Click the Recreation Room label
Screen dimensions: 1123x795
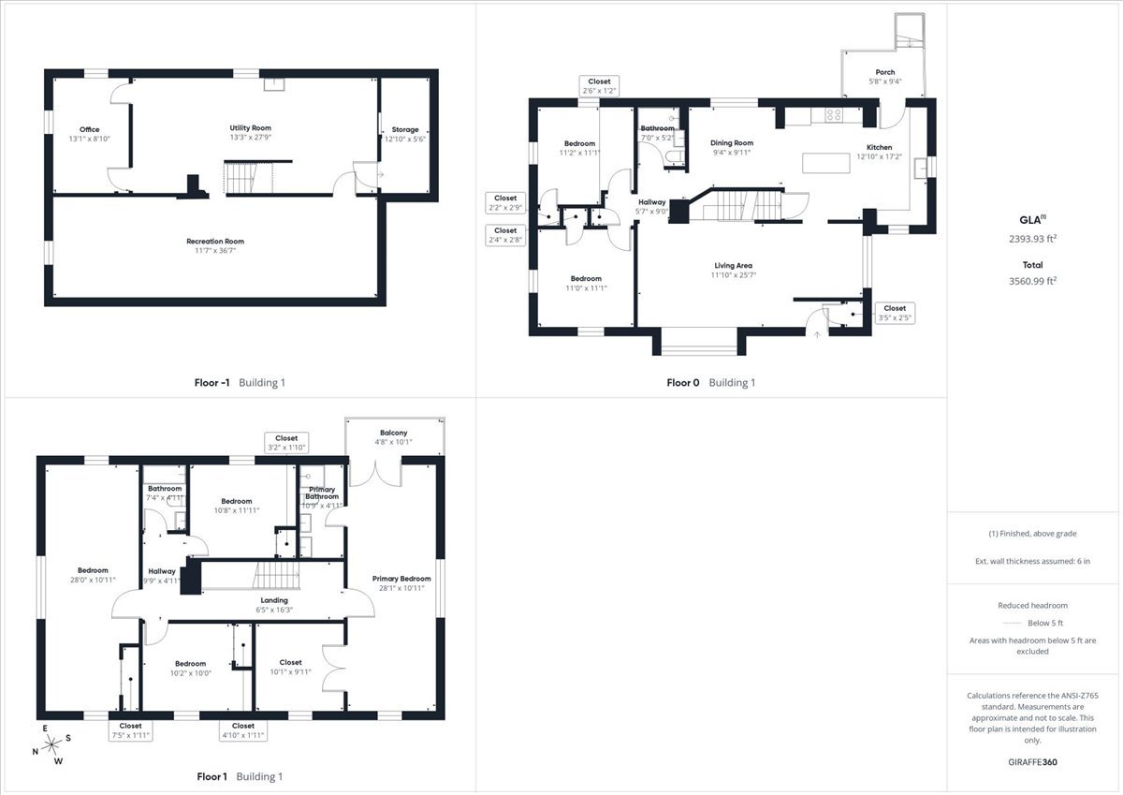215,242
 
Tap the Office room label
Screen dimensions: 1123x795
89,129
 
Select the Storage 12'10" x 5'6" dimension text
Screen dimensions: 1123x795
405,139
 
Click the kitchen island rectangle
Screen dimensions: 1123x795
825,164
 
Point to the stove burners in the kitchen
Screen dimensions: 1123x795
834,115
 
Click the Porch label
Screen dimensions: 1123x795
885,72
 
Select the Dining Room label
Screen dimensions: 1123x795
732,143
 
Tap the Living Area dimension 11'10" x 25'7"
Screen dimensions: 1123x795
733,275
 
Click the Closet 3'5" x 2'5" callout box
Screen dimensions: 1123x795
895,313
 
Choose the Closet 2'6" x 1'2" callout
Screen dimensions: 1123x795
599,86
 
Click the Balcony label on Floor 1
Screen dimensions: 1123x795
394,433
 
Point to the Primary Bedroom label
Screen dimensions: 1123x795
401,579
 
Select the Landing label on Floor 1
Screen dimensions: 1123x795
274,600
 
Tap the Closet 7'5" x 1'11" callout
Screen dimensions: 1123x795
130,730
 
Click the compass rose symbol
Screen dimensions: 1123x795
51,744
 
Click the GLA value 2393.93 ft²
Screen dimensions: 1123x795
1032,239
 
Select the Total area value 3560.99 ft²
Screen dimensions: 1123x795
1032,281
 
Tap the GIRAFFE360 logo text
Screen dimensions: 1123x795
1032,762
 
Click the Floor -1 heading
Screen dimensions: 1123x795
212,383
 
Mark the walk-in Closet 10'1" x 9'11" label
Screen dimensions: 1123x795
290,663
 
